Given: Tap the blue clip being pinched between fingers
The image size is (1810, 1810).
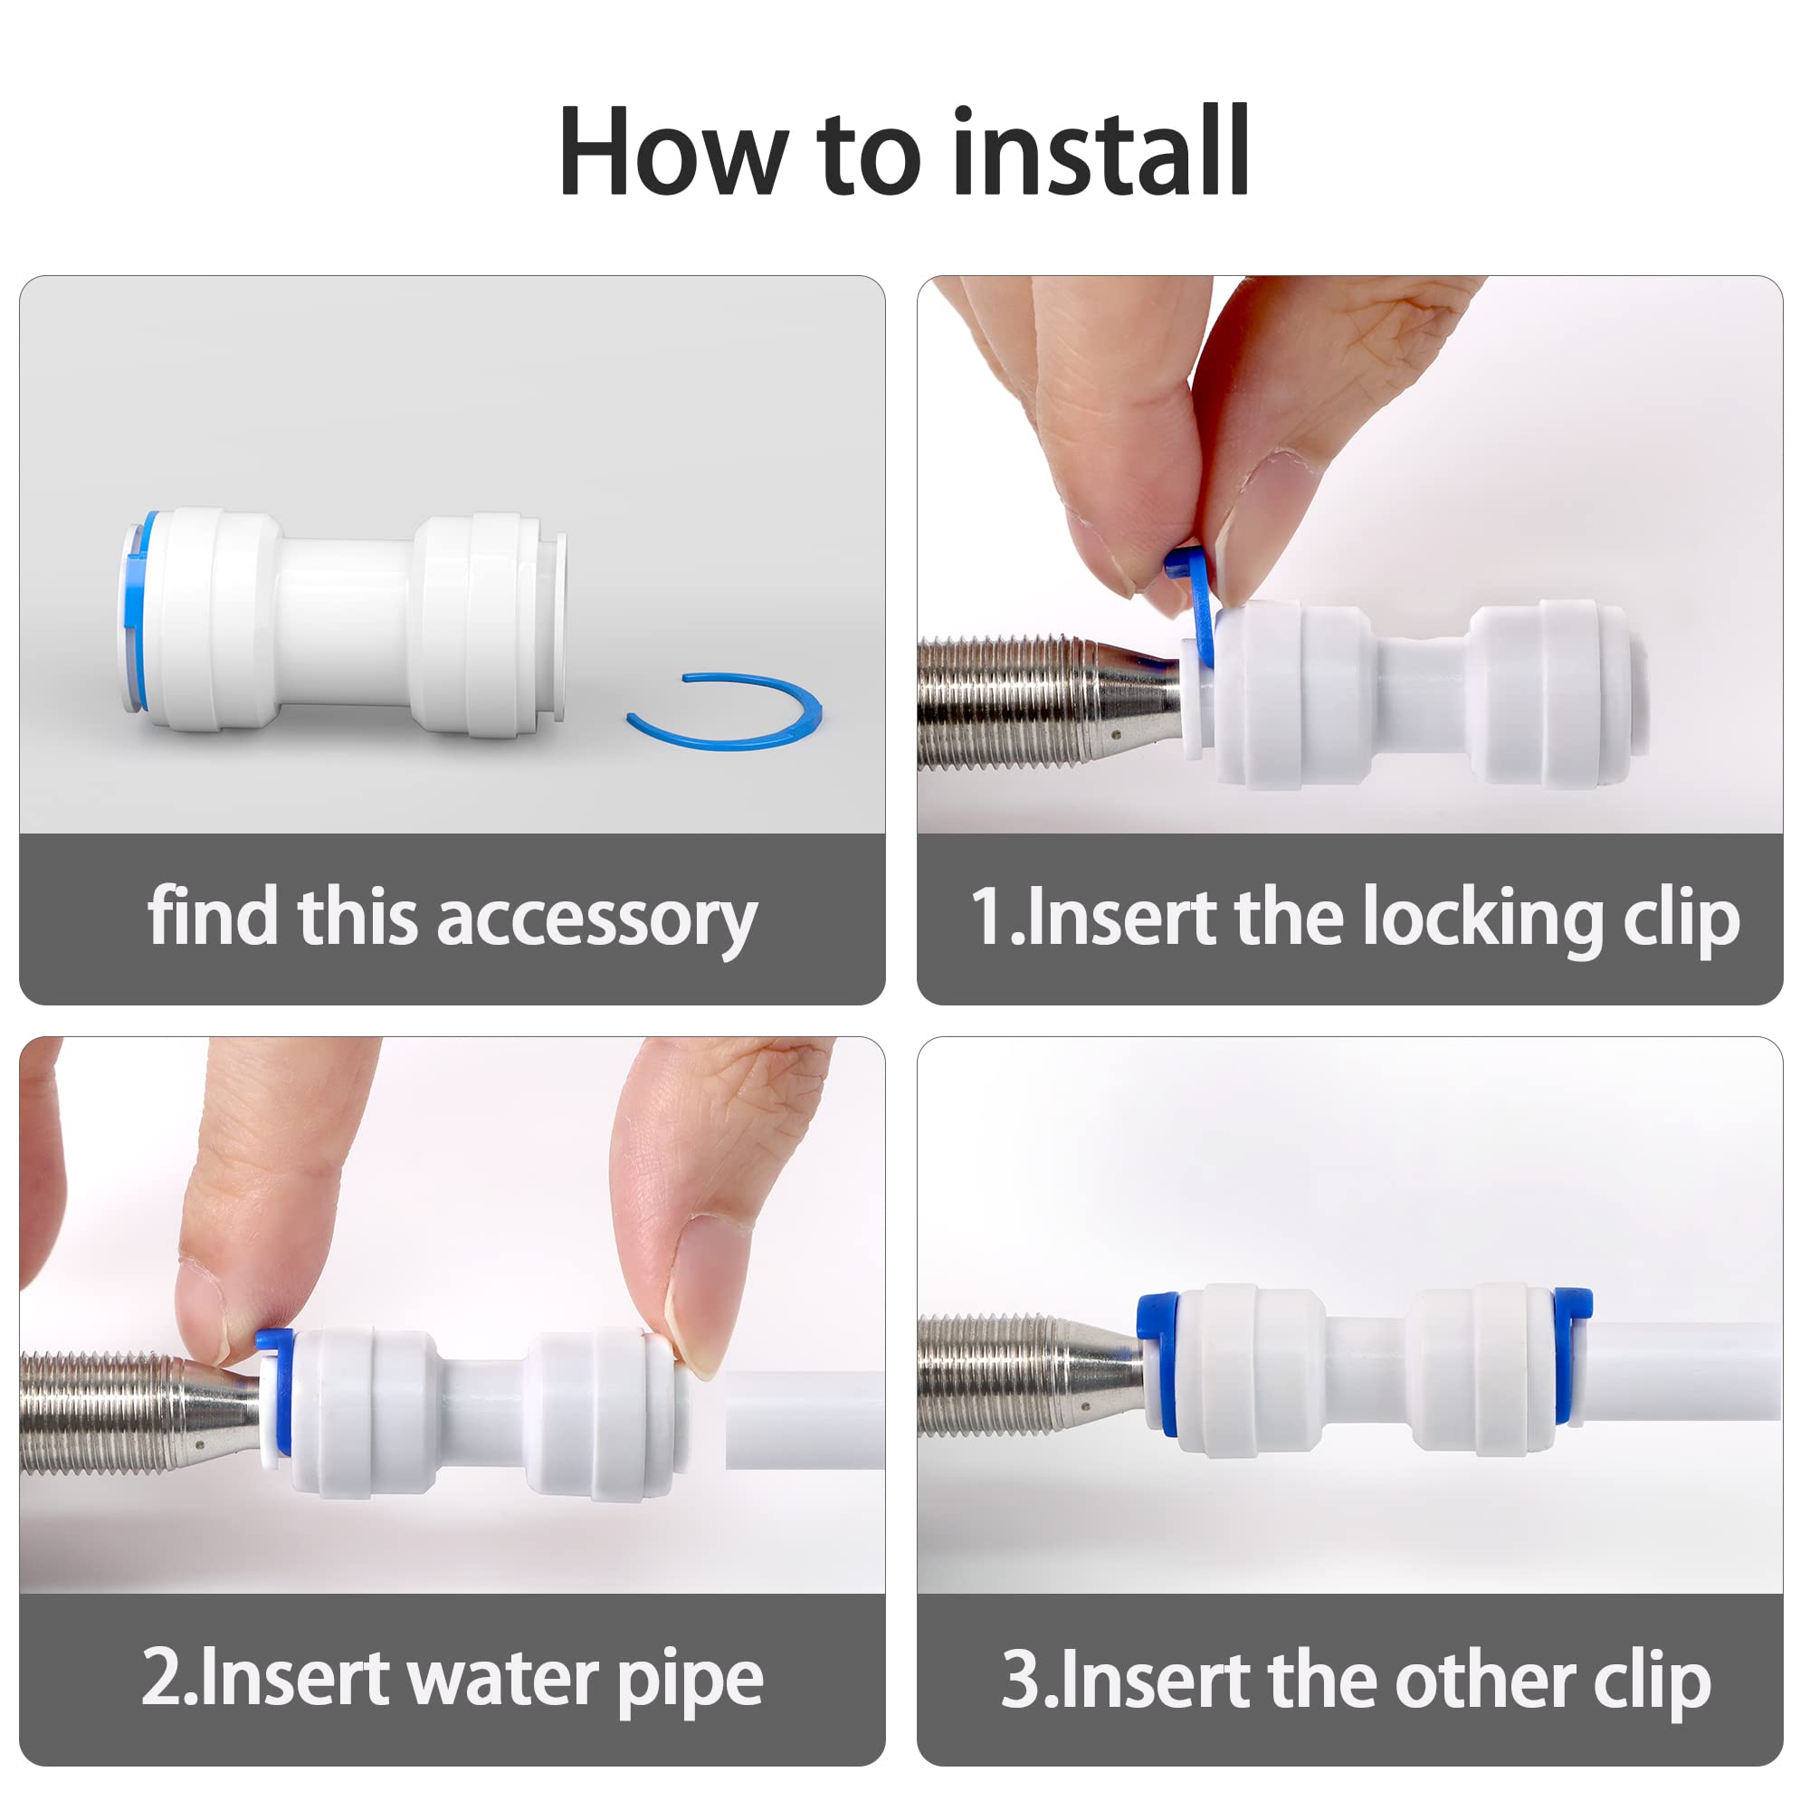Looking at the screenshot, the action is (1192, 605).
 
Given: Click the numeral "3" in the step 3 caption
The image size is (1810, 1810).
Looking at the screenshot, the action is (1020, 1680).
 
